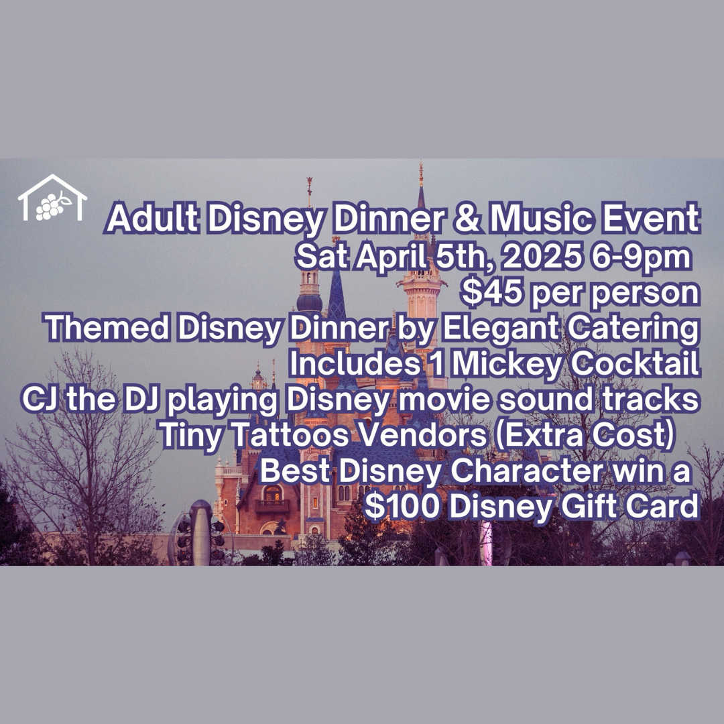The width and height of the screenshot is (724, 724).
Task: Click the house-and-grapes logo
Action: pos(52,198)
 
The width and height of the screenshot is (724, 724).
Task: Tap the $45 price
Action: pos(492,292)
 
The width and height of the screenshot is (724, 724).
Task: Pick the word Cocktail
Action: pos(635,364)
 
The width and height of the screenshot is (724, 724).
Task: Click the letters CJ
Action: pos(40,400)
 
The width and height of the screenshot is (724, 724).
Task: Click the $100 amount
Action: pos(402,507)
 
